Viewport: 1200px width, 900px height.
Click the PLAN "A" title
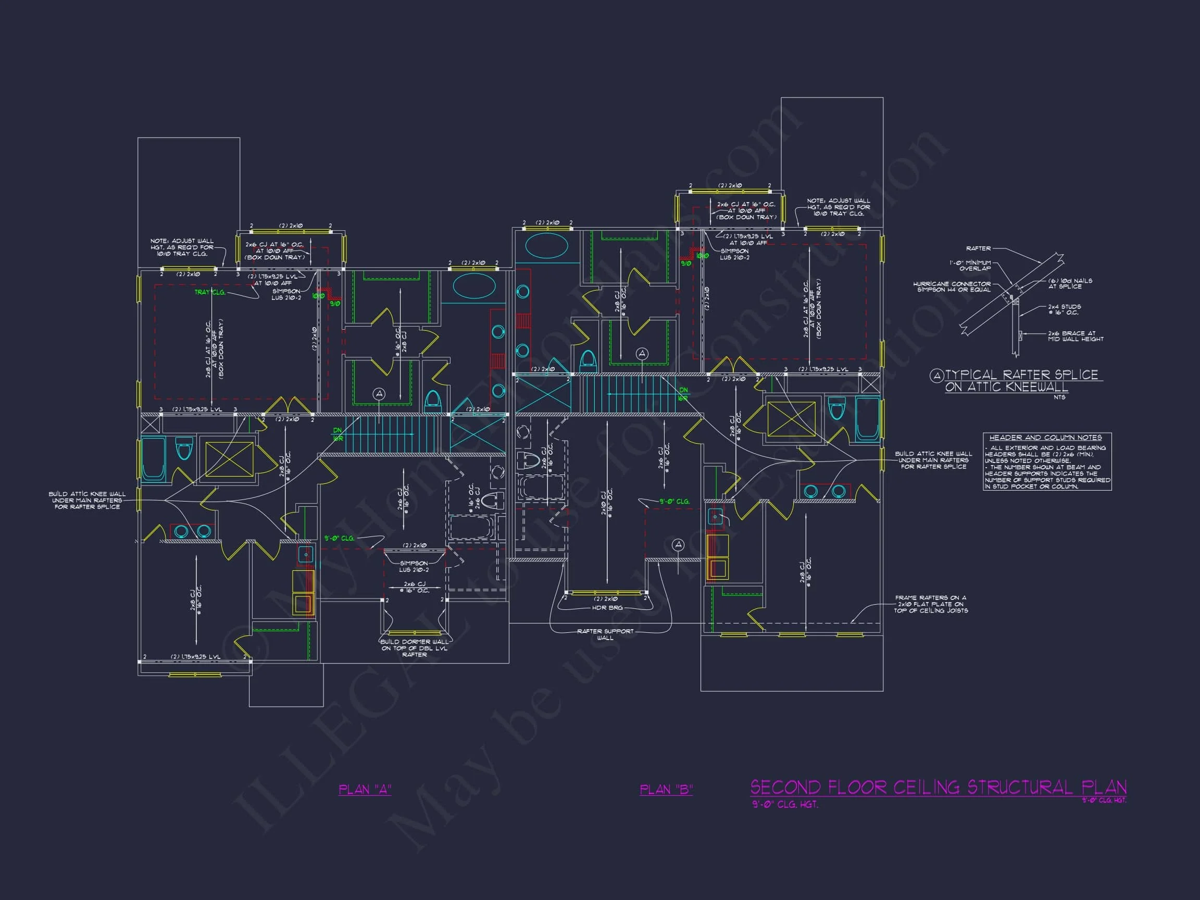tap(365, 790)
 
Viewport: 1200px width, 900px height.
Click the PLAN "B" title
tap(666, 790)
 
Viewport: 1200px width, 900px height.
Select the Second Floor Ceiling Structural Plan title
tap(938, 787)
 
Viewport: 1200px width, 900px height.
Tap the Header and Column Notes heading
tap(1045, 438)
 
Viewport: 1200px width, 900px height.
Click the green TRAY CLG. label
tap(209, 292)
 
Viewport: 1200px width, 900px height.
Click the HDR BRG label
tap(607, 608)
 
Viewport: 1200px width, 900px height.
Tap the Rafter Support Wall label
tap(605, 634)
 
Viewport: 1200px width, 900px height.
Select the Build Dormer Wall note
tap(415, 648)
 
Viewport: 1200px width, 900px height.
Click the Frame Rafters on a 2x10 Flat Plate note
tap(930, 604)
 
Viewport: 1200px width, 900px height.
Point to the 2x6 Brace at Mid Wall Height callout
tap(1075, 336)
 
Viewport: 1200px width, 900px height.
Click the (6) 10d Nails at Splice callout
tap(1070, 283)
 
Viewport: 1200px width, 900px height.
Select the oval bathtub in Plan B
tap(546, 245)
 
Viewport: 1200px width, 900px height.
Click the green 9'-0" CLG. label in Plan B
tap(674, 501)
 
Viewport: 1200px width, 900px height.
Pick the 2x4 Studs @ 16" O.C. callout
tap(1064, 309)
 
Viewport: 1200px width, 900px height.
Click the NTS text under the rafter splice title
tap(1059, 397)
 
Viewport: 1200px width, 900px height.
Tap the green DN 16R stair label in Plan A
tap(337, 434)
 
